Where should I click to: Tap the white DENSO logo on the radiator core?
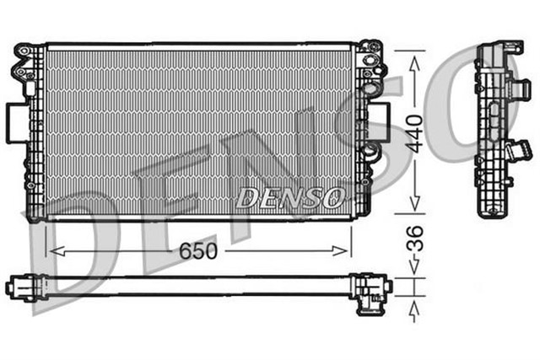tap(289, 197)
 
